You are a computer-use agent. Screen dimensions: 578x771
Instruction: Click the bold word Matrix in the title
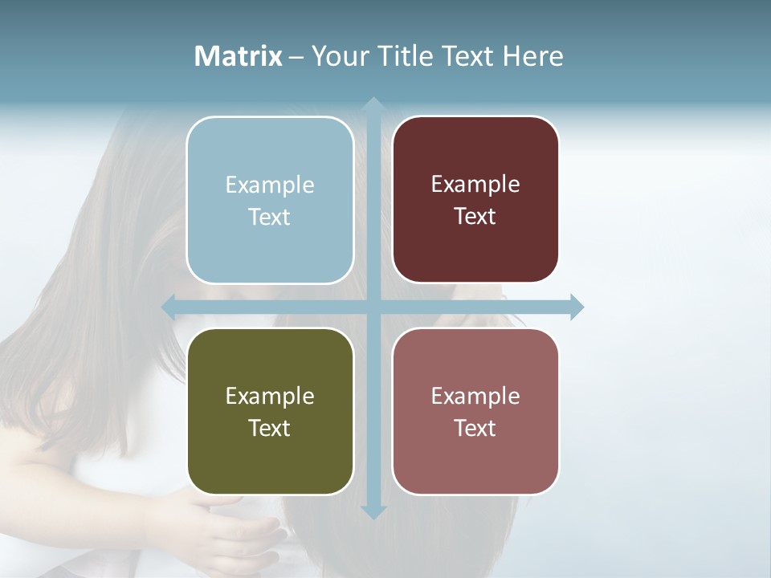pos(239,56)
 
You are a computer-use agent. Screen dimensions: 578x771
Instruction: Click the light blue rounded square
pos(270,200)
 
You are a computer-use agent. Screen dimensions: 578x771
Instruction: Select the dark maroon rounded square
pos(475,199)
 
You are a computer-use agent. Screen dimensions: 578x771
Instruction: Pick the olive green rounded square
pos(270,411)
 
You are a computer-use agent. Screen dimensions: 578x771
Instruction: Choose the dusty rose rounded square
pos(475,411)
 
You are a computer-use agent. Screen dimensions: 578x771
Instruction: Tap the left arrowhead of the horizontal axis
pos(169,307)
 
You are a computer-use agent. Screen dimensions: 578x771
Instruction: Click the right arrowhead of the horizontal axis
pos(576,307)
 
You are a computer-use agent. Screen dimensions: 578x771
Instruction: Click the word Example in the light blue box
pos(270,185)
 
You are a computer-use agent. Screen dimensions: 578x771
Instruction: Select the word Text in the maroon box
pos(475,217)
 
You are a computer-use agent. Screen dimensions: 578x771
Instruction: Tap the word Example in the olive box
pos(270,396)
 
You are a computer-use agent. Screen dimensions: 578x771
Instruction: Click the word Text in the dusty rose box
pos(475,428)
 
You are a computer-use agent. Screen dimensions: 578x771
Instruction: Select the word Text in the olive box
pos(270,428)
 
